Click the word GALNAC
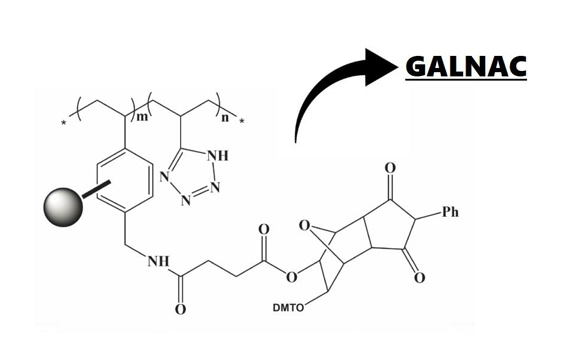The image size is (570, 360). pyautogui.click(x=466, y=67)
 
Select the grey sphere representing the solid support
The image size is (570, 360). pyautogui.click(x=63, y=207)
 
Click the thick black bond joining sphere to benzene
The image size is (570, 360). pyautogui.click(x=96, y=189)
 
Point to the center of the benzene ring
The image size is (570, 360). pyautogui.click(x=125, y=180)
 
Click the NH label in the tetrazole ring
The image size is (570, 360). pyautogui.click(x=217, y=156)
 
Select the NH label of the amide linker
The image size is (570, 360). pyautogui.click(x=158, y=261)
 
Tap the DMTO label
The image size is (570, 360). pyautogui.click(x=288, y=308)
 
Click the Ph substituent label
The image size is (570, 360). pyautogui.click(x=450, y=212)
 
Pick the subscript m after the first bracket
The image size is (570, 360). pyautogui.click(x=142, y=117)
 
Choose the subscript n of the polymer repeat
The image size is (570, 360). pyautogui.click(x=225, y=117)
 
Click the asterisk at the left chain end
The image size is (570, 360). pyautogui.click(x=64, y=123)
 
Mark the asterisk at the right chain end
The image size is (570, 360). pyautogui.click(x=242, y=121)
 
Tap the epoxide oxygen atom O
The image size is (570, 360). pyautogui.click(x=305, y=226)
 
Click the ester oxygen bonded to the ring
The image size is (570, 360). pyautogui.click(x=291, y=277)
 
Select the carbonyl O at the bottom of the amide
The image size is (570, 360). pyautogui.click(x=180, y=309)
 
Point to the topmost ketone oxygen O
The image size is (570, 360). pyautogui.click(x=390, y=168)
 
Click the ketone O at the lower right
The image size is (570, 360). pyautogui.click(x=420, y=277)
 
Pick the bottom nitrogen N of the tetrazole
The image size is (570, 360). pyautogui.click(x=186, y=200)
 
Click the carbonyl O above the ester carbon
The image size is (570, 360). pyautogui.click(x=264, y=229)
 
